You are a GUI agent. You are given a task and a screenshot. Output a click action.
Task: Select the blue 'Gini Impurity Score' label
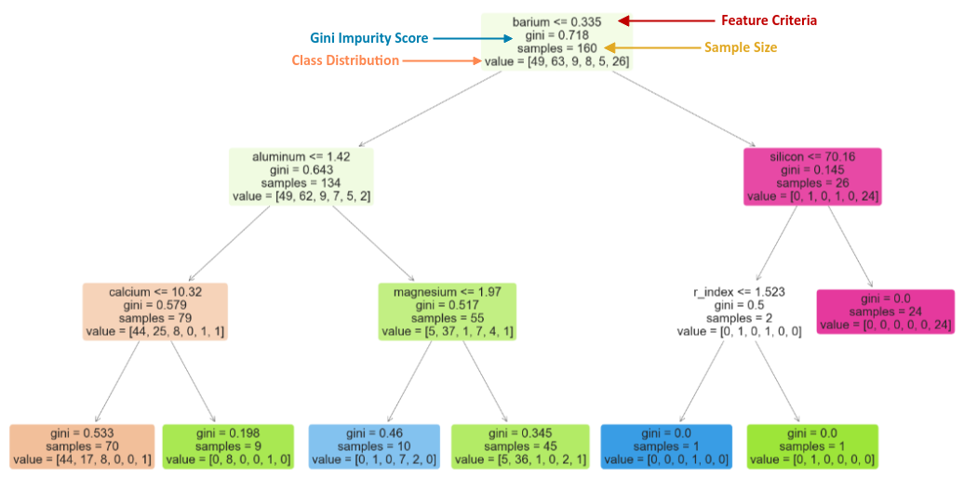[x=368, y=38]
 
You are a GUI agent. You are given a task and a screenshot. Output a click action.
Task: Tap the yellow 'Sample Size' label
[x=740, y=46]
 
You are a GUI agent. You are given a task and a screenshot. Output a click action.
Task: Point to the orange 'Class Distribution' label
[x=345, y=60]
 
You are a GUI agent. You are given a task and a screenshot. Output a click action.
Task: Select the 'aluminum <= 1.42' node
[x=301, y=177]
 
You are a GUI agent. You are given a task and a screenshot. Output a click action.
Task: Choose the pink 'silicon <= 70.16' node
[x=812, y=177]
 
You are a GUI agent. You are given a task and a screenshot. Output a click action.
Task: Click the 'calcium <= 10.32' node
[x=154, y=312]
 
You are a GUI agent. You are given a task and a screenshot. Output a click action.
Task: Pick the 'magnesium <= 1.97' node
[x=448, y=312]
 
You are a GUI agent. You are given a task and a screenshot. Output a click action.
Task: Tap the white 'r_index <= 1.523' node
[x=739, y=312]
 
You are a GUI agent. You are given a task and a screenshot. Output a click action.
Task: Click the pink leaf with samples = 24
[x=885, y=312]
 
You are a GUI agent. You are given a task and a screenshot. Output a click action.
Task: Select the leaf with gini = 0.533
[x=81, y=446]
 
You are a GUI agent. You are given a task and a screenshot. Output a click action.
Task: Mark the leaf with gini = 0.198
[x=228, y=446]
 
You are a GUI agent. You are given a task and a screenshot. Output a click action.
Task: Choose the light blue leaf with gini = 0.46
[x=374, y=446]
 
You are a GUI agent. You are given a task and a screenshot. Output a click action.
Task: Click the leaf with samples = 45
[x=520, y=446]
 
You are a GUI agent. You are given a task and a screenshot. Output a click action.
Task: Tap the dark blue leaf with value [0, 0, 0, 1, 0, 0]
[x=665, y=446]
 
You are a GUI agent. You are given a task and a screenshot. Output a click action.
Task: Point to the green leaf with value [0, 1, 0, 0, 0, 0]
[x=811, y=446]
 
